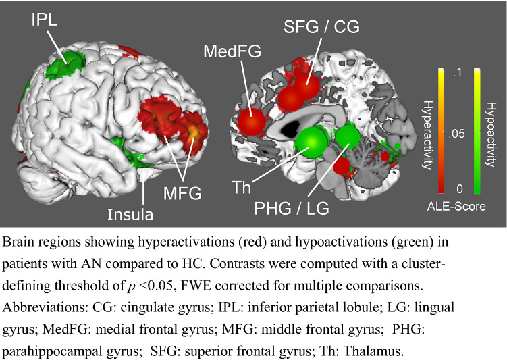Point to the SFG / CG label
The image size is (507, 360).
click(x=322, y=28)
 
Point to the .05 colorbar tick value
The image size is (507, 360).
click(x=458, y=134)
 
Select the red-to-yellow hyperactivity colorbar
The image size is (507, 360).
click(x=442, y=130)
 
